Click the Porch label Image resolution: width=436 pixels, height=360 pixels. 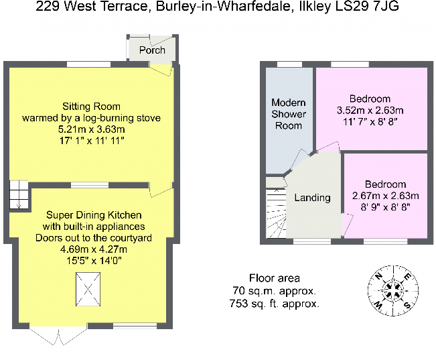pos(152,50)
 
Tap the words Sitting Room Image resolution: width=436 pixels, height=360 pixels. pos(91,106)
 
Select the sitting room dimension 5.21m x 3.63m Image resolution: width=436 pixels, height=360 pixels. pos(91,130)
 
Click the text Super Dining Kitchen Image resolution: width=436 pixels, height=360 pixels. pos(94,215)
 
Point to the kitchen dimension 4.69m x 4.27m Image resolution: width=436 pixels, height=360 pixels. pos(94,249)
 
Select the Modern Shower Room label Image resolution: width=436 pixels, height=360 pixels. pos(289,114)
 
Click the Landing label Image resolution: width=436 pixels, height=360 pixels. pos(312,198)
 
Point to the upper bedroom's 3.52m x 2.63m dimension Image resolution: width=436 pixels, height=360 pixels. pos(373,111)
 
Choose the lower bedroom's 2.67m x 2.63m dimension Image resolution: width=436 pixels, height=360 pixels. pos(385,196)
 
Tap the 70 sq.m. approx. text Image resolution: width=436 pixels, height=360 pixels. pos(274,291)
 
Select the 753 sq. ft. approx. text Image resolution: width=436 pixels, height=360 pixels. pos(274,304)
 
